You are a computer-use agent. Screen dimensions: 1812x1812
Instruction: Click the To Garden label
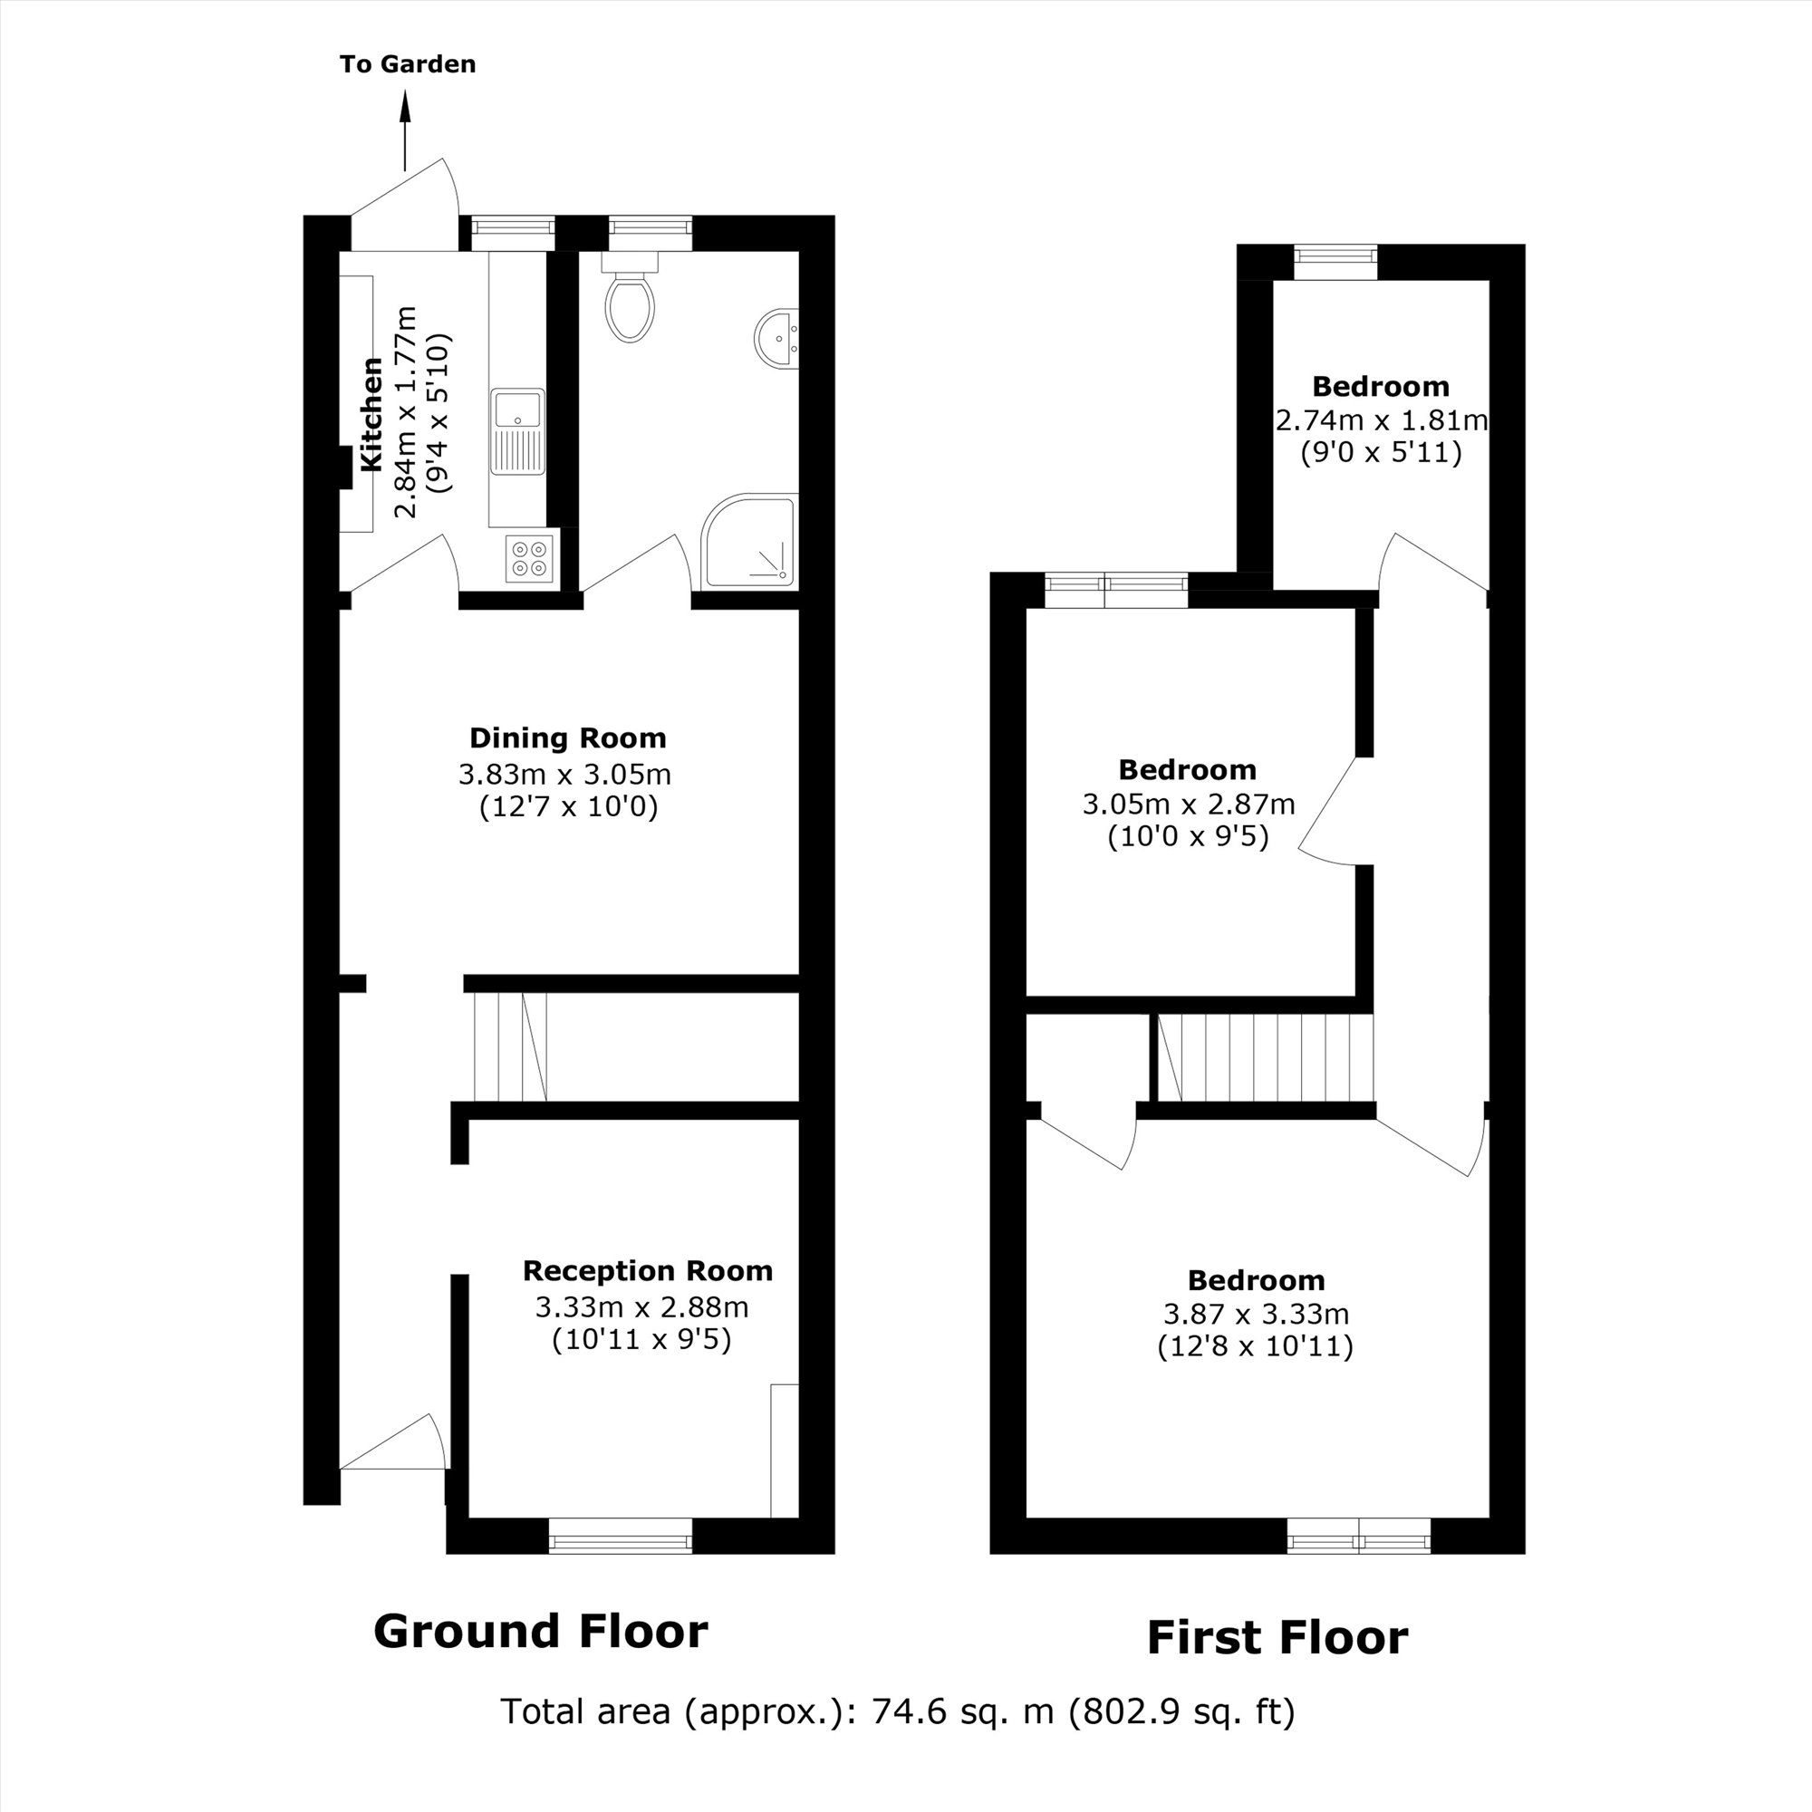407,63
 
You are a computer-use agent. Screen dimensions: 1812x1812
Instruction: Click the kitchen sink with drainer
516,431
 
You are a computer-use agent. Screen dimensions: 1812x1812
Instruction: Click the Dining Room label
567,738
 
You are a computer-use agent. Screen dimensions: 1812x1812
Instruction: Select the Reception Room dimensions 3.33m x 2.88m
641,1306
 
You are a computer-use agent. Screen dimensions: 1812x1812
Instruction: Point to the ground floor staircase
510,1046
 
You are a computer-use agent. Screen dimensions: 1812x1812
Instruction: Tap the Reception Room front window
620,1537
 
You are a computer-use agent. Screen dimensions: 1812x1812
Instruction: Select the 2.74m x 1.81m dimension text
1381,419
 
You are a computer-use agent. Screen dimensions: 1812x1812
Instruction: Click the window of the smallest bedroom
1335,262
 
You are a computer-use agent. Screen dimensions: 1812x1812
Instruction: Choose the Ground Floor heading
540,1631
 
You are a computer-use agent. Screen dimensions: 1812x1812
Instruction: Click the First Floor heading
1277,1637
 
